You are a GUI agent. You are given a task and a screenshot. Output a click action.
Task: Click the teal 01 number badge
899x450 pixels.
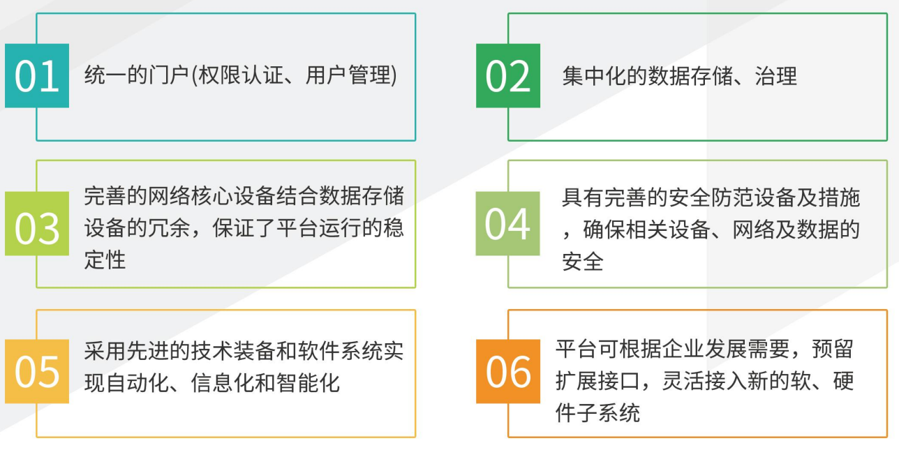click(37, 75)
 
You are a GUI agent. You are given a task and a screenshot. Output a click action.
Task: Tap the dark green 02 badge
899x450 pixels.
click(508, 75)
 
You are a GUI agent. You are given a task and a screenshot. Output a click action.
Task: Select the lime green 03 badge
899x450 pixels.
click(37, 223)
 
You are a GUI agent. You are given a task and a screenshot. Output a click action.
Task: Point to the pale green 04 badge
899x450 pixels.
click(507, 223)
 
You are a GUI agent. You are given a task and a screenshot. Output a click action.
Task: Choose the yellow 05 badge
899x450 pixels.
click(37, 371)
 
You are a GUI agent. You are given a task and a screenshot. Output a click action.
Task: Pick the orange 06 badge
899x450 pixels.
click(508, 371)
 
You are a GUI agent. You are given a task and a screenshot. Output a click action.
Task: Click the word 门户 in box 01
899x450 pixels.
click(169, 75)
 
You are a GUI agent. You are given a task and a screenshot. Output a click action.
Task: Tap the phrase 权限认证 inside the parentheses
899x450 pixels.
click(241, 75)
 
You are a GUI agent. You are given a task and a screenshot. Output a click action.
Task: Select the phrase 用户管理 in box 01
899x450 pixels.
click(348, 75)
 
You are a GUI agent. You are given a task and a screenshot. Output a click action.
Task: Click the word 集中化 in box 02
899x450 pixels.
click(594, 76)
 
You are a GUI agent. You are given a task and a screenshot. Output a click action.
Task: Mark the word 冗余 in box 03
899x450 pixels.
click(169, 228)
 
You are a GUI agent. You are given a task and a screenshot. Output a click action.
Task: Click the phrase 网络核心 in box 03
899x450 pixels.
click(190, 196)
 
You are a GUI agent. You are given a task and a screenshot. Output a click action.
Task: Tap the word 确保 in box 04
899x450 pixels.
click(604, 230)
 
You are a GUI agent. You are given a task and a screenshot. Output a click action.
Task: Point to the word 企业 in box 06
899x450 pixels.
click(662, 349)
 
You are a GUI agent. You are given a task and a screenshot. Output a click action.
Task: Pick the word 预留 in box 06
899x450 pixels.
click(833, 349)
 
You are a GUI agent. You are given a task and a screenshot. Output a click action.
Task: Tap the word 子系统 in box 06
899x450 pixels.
click(609, 413)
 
